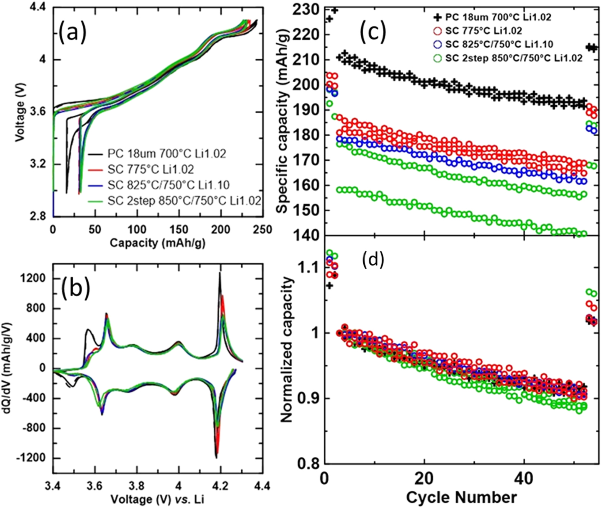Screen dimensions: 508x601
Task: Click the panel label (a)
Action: coord(72,33)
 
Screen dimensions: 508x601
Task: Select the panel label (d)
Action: coord(373,260)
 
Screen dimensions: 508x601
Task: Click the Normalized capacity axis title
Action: coord(287,350)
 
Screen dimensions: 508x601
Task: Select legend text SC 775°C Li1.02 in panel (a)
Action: coord(150,169)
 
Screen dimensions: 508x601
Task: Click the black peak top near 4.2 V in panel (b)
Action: coord(219,273)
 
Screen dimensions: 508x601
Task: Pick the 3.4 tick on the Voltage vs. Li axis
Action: coord(53,486)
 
